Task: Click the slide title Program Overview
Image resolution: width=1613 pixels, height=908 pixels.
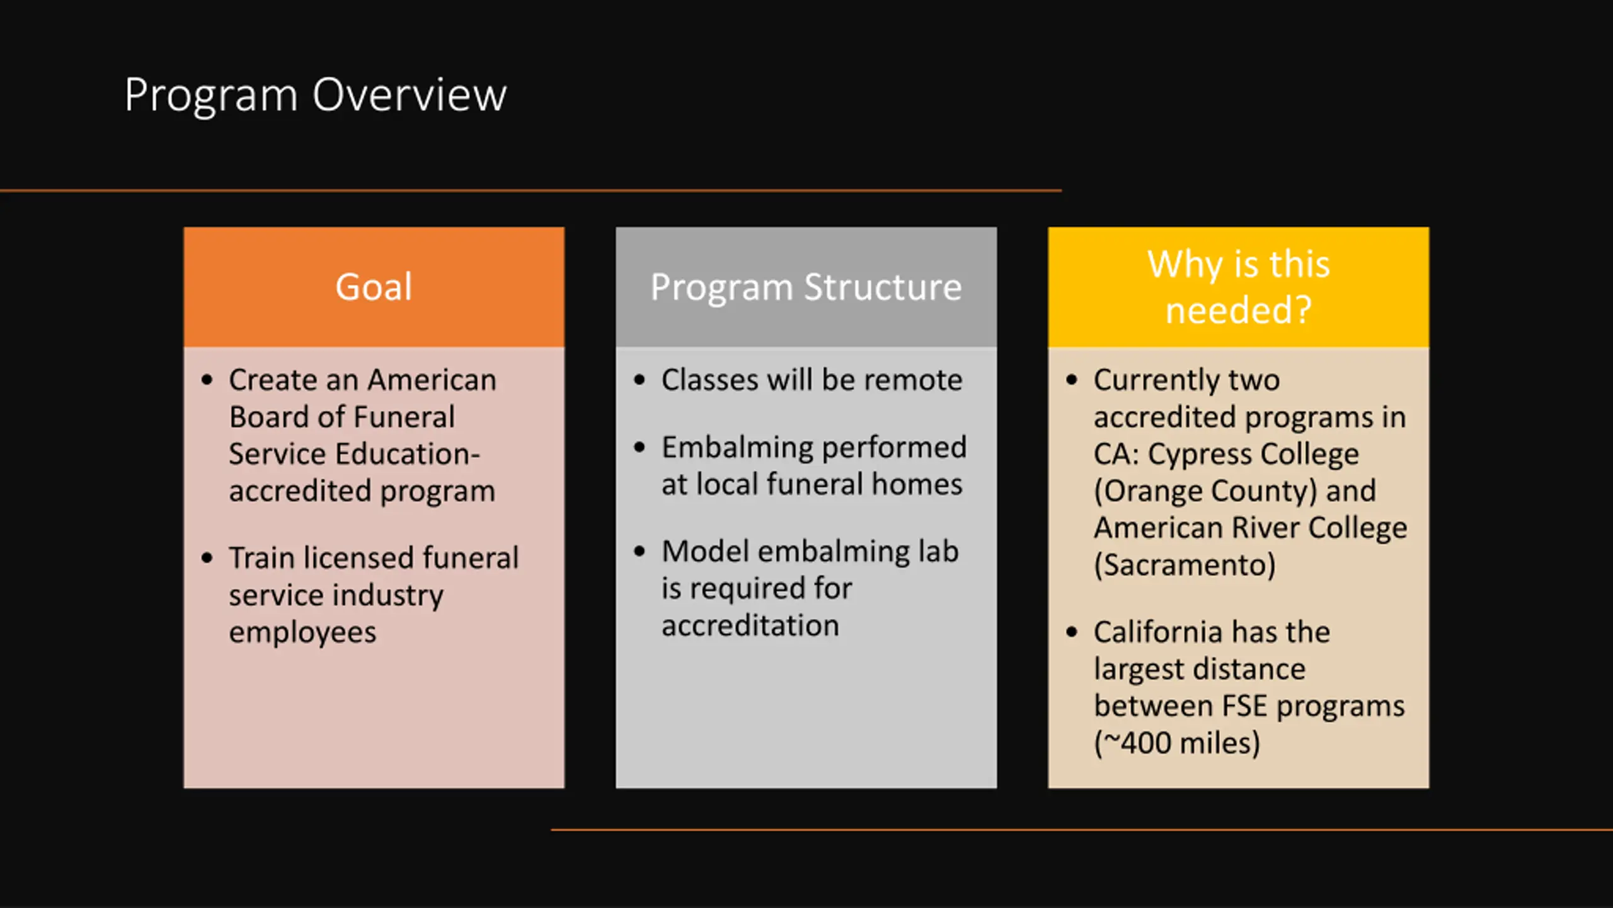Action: point(315,95)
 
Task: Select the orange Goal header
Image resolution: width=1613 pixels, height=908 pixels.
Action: point(374,287)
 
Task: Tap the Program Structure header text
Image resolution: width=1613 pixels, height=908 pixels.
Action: point(806,288)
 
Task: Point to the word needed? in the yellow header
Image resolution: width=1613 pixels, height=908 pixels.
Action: point(1238,310)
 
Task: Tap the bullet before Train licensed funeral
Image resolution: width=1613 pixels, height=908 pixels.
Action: point(207,558)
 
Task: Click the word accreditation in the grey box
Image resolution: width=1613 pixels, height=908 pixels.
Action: point(750,626)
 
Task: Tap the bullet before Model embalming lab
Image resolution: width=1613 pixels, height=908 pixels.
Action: point(640,552)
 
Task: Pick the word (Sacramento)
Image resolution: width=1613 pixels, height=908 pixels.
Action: point(1185,565)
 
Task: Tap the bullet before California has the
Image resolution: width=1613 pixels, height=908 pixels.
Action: point(1072,632)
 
